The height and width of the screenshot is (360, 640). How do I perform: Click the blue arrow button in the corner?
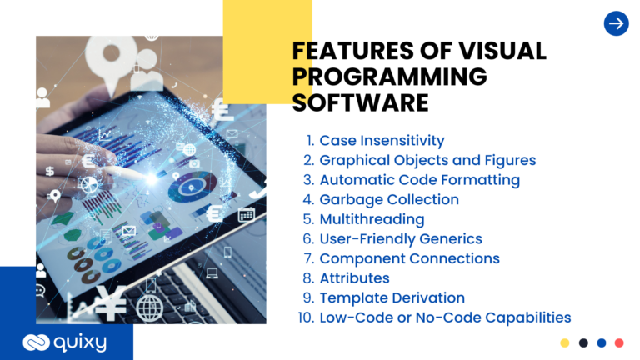(617, 23)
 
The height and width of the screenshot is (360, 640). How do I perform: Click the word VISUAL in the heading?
(502, 51)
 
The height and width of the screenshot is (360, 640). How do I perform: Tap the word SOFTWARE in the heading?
(360, 102)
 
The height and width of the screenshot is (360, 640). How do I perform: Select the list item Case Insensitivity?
(382, 140)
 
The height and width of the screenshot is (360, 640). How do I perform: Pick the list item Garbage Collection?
(389, 199)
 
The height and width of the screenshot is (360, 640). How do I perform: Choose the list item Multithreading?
(372, 219)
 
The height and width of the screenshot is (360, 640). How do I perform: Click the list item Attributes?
(354, 278)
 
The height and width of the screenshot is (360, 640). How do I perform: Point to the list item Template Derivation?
(392, 297)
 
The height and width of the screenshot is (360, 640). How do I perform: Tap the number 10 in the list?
(306, 317)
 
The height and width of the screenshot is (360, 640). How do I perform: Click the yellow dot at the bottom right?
(564, 342)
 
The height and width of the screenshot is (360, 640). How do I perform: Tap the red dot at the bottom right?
(619, 342)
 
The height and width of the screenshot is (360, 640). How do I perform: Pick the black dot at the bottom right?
(583, 342)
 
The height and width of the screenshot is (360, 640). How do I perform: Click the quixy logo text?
(80, 342)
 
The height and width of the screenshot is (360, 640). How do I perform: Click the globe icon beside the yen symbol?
(149, 308)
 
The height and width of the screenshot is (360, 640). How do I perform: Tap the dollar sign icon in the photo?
(50, 171)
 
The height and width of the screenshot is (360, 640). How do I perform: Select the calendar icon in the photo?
(247, 215)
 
